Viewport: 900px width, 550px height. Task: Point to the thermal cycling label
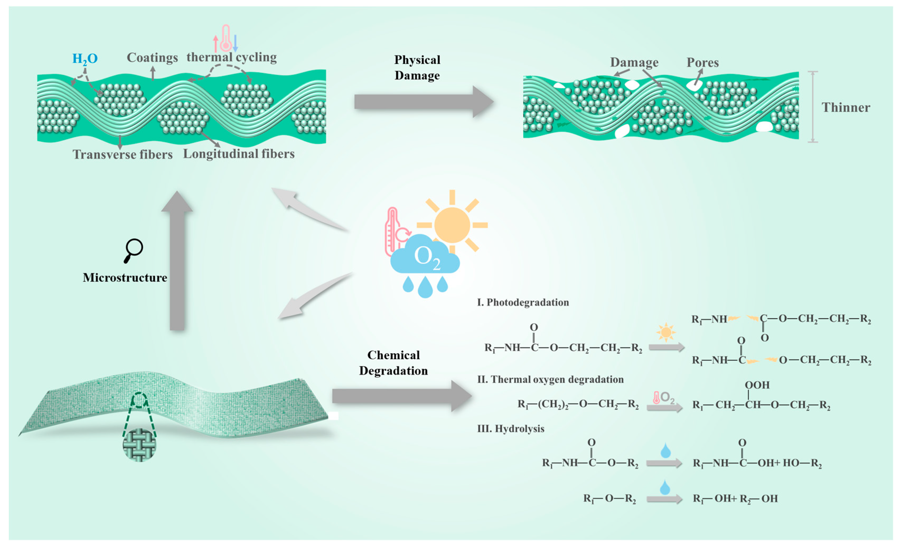232,57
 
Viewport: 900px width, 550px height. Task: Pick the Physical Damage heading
417,68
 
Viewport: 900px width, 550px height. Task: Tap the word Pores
702,62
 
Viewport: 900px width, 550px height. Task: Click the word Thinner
846,108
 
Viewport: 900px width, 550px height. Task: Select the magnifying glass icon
133,250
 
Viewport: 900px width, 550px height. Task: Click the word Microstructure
125,278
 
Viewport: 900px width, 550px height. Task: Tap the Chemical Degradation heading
393,363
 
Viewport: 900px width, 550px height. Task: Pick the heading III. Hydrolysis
511,429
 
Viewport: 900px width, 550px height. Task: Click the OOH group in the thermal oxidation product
757,385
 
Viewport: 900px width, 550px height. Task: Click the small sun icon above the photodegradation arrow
666,332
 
